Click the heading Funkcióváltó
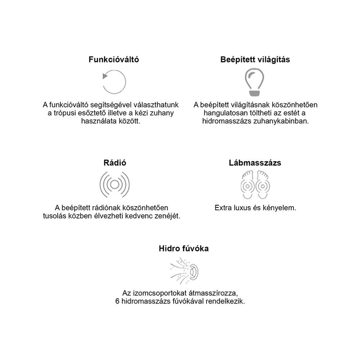pyautogui.click(x=114, y=60)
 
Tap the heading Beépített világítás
pyautogui.click(x=255, y=60)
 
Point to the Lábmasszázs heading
pyautogui.click(x=255, y=163)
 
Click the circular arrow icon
pyautogui.click(x=114, y=82)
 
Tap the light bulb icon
pyautogui.click(x=255, y=81)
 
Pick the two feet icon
pyautogui.click(x=255, y=184)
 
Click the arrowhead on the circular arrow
pyautogui.click(x=105, y=76)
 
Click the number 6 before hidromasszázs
pyautogui.click(x=117, y=301)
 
